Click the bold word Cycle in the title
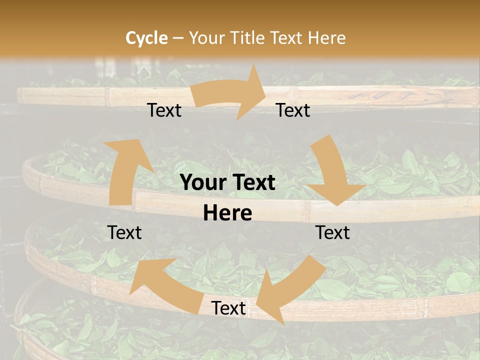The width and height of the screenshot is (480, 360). (146, 38)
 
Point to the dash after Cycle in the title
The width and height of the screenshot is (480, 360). (178, 38)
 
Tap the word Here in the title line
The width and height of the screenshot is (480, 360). (326, 38)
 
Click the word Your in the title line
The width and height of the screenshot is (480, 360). (206, 38)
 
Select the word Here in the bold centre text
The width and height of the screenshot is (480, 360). (227, 213)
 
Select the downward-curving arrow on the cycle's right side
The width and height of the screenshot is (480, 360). (332, 172)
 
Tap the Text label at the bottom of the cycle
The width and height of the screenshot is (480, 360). (228, 308)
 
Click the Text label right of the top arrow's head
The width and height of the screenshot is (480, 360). (293, 110)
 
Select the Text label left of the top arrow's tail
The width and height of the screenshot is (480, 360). (164, 110)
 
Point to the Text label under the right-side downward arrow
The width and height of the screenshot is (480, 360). (332, 232)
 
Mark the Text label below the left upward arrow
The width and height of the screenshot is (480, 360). (124, 232)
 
